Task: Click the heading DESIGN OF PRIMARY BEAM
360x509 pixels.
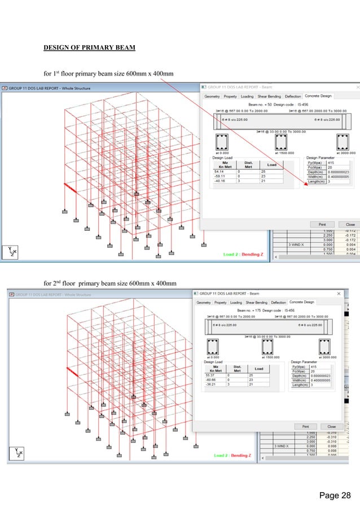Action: (x=89, y=47)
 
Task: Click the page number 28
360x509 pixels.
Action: (x=335, y=495)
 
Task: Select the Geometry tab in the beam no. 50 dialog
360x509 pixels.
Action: (x=212, y=96)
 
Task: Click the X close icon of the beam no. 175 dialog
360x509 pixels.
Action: (x=339, y=293)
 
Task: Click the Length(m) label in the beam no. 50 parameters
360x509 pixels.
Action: (x=316, y=181)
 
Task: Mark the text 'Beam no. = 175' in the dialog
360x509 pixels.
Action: (x=249, y=310)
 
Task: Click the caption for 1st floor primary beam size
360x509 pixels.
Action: (x=109, y=73)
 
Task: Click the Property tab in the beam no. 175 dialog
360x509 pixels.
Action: (x=220, y=302)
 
